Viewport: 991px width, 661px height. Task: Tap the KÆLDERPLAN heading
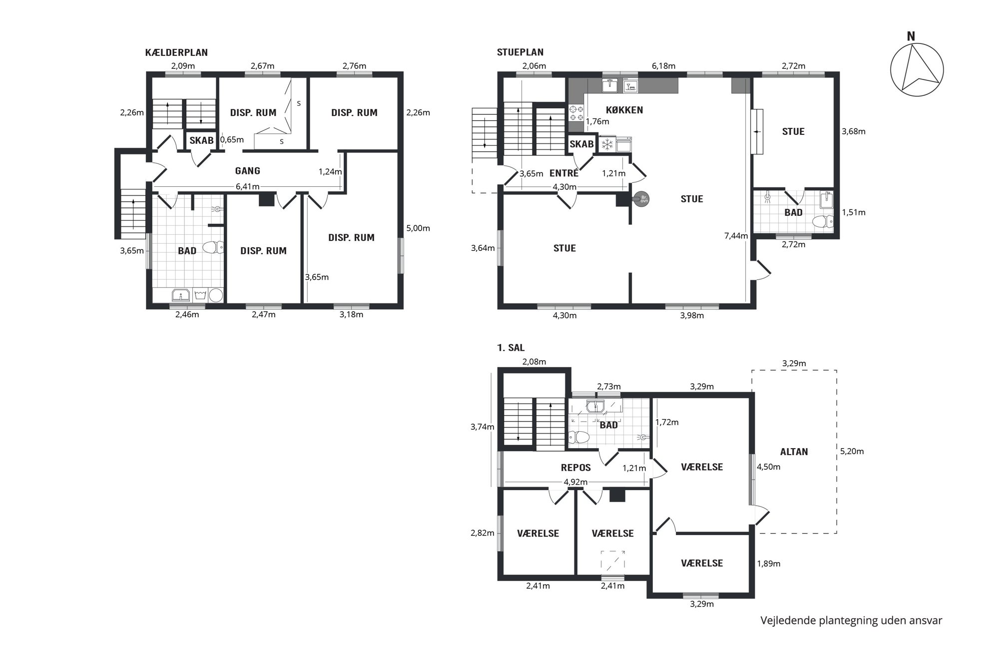(x=176, y=52)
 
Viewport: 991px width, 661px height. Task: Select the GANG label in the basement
(x=248, y=171)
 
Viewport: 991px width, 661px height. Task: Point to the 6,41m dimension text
(x=248, y=187)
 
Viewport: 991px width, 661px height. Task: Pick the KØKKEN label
(x=624, y=110)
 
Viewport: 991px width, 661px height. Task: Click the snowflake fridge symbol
(x=607, y=145)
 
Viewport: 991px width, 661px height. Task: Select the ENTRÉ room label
(x=564, y=173)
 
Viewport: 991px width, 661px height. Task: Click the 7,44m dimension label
(x=736, y=236)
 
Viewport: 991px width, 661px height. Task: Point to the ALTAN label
(x=794, y=452)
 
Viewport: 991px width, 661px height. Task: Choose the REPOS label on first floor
(x=576, y=468)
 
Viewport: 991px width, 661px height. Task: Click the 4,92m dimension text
(x=575, y=482)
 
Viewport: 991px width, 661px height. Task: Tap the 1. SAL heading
(x=510, y=348)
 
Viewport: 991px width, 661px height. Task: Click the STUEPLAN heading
(x=520, y=52)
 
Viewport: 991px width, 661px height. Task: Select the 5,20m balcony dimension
(x=852, y=451)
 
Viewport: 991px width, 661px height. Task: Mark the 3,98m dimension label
(x=692, y=315)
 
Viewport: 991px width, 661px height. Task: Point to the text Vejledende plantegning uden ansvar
(x=851, y=621)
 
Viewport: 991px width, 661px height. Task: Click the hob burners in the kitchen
(x=576, y=113)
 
